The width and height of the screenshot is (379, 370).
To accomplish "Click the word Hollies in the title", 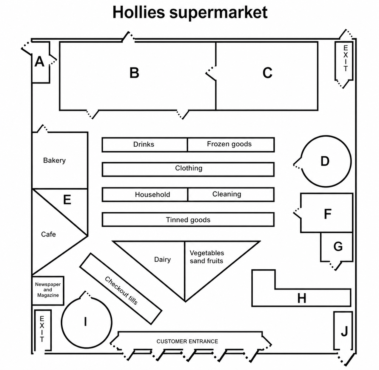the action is point(139,12).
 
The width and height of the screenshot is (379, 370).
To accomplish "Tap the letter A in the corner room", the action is point(39,62).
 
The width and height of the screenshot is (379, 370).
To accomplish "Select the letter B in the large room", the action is point(134,73).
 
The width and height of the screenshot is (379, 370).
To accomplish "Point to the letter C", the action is point(267,73).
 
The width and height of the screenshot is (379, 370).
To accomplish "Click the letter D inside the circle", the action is point(325,161).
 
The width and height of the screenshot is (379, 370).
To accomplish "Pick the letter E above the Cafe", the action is point(67,199).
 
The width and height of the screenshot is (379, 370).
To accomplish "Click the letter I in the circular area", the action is point(85,321).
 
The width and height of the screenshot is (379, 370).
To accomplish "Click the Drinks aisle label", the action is point(144,144).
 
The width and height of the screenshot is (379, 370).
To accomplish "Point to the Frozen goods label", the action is point(229,144).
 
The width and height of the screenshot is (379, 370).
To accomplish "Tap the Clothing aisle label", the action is point(189,168).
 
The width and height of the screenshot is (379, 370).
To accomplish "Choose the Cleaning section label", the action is point(227,194).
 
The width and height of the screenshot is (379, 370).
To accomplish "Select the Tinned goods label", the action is point(188,220).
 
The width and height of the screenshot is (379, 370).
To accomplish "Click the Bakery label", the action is point(54,160).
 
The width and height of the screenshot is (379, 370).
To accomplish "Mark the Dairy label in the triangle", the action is point(162,259).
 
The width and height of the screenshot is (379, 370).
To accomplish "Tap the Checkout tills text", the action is point(121,291).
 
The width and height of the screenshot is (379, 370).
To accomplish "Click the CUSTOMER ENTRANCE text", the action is point(187,341).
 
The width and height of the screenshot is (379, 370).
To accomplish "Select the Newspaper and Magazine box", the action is point(48,290).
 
